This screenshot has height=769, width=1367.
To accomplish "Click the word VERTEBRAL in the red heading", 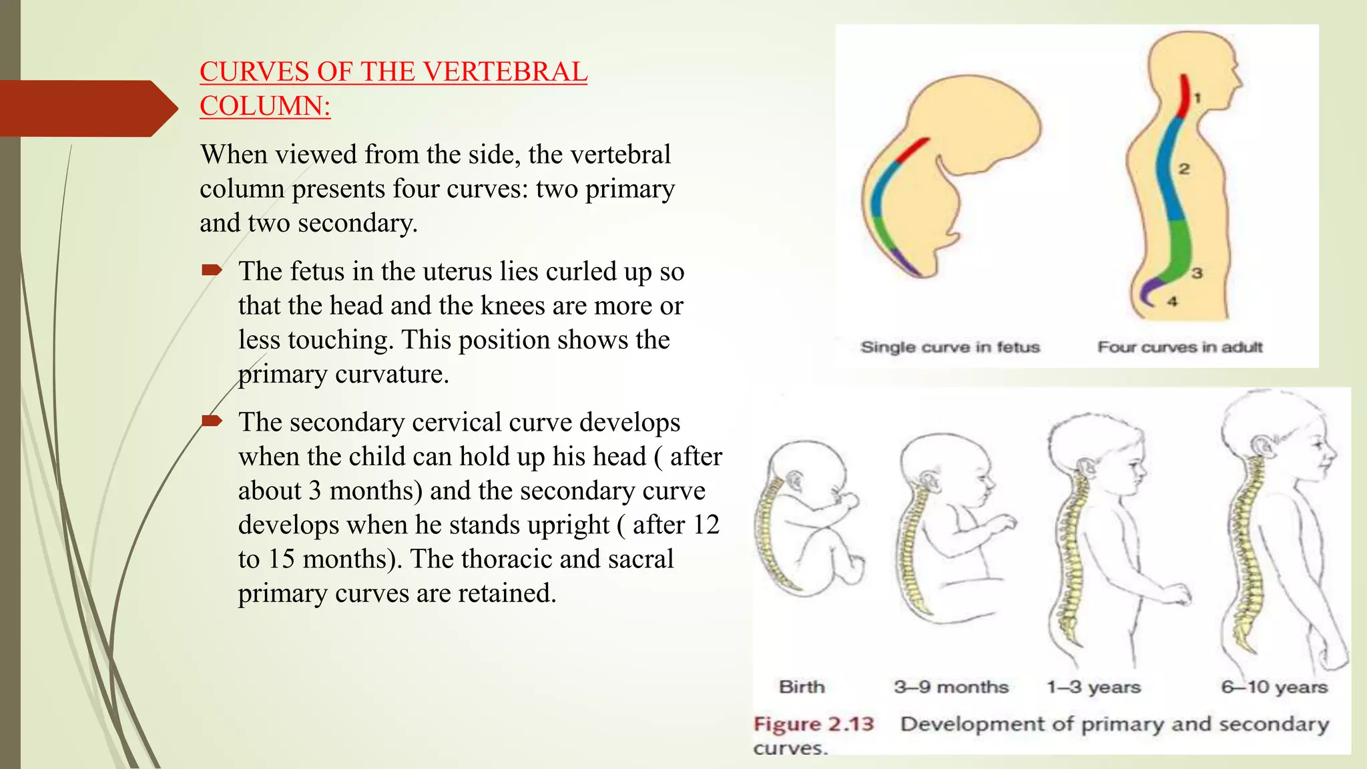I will pyautogui.click(x=504, y=72).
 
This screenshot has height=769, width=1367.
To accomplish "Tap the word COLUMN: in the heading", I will pyautogui.click(x=265, y=106).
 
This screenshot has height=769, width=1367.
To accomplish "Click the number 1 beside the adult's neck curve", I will pyautogui.click(x=1197, y=98).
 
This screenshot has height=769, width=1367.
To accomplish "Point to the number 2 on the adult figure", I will pyautogui.click(x=1184, y=169).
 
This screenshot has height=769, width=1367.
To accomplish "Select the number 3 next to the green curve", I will pyautogui.click(x=1197, y=273).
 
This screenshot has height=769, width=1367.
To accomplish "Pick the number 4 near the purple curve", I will pyautogui.click(x=1173, y=302).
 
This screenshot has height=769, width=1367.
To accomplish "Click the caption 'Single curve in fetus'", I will pyautogui.click(x=950, y=347).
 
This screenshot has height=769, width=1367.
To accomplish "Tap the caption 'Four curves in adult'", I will pyautogui.click(x=1180, y=347).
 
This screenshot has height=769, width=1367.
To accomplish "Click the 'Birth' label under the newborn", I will pyautogui.click(x=802, y=687).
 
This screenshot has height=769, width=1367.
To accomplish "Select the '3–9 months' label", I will pyautogui.click(x=951, y=687).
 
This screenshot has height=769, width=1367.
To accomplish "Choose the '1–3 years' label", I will pyautogui.click(x=1093, y=687).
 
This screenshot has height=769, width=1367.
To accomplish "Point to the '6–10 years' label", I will pyautogui.click(x=1274, y=687).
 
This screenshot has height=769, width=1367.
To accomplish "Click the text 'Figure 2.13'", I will pyautogui.click(x=814, y=724).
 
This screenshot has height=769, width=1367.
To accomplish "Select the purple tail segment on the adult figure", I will pyautogui.click(x=1149, y=291).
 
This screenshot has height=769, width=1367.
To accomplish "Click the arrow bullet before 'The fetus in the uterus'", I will pyautogui.click(x=212, y=270).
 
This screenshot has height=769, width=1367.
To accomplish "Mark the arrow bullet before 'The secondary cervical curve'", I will pyautogui.click(x=212, y=421).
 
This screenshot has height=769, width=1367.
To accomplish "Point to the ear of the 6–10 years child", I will pyautogui.click(x=1260, y=446).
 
